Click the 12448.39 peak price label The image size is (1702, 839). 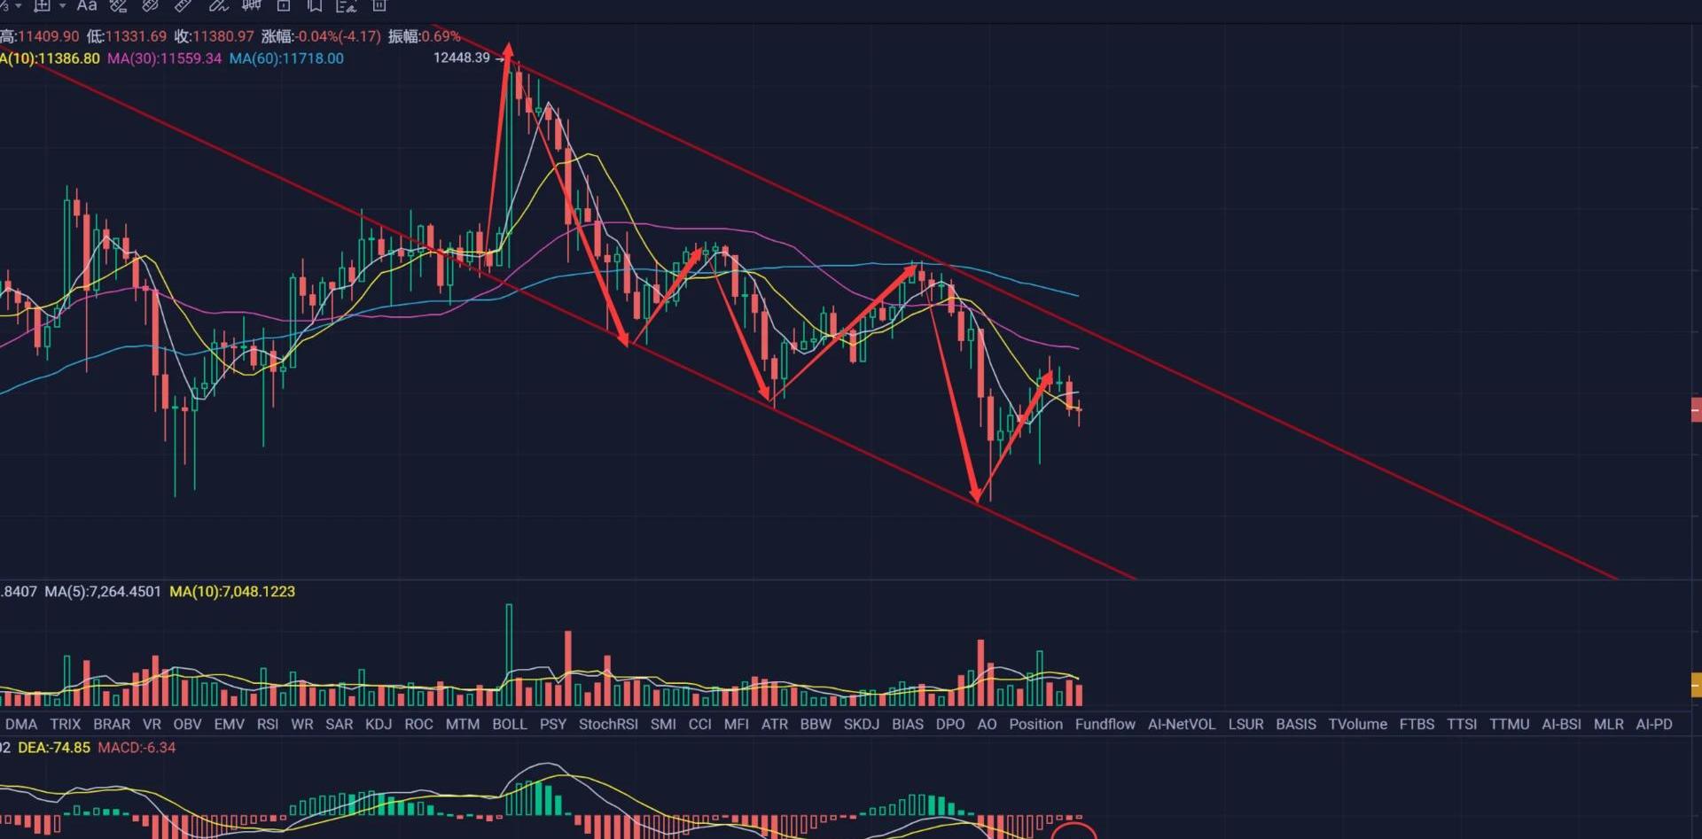461,58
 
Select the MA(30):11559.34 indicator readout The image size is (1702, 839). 164,58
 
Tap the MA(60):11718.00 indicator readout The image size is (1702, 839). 286,58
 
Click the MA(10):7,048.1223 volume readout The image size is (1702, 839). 232,591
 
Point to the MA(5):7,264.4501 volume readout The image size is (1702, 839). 103,591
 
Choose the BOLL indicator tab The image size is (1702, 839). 509,724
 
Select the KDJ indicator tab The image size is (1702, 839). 379,724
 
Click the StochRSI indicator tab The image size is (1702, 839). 608,724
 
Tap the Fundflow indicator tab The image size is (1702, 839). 1105,724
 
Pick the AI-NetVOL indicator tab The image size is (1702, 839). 1181,724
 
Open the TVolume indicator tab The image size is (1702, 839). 1357,724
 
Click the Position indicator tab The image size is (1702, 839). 1035,724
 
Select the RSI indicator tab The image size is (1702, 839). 268,724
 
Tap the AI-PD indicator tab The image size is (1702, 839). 1654,724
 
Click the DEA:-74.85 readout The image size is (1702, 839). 54,748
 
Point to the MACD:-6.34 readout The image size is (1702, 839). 137,748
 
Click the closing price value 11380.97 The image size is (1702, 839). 223,36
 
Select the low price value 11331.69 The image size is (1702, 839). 135,36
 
